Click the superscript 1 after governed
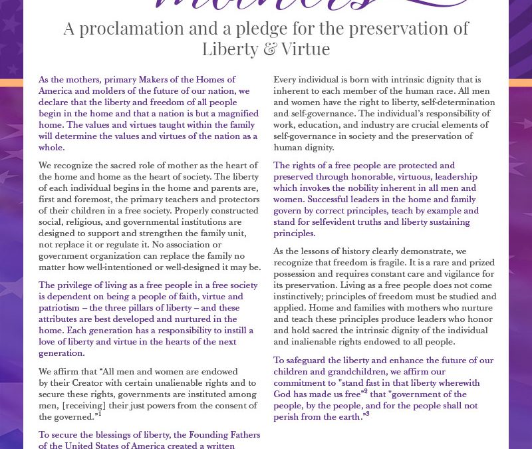tap(99, 414)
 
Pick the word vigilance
tap(449, 274)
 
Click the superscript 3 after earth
tap(367, 414)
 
